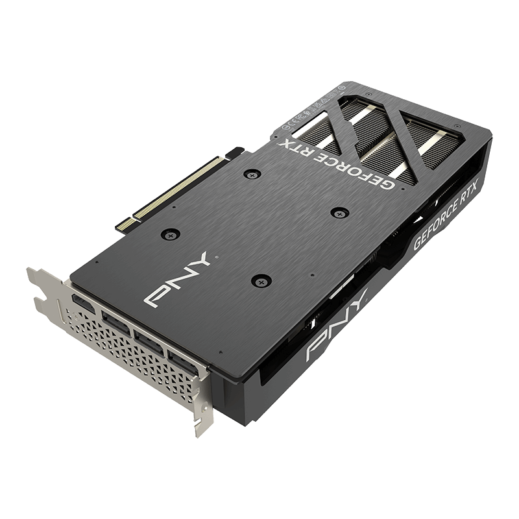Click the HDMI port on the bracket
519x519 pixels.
(82, 304)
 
